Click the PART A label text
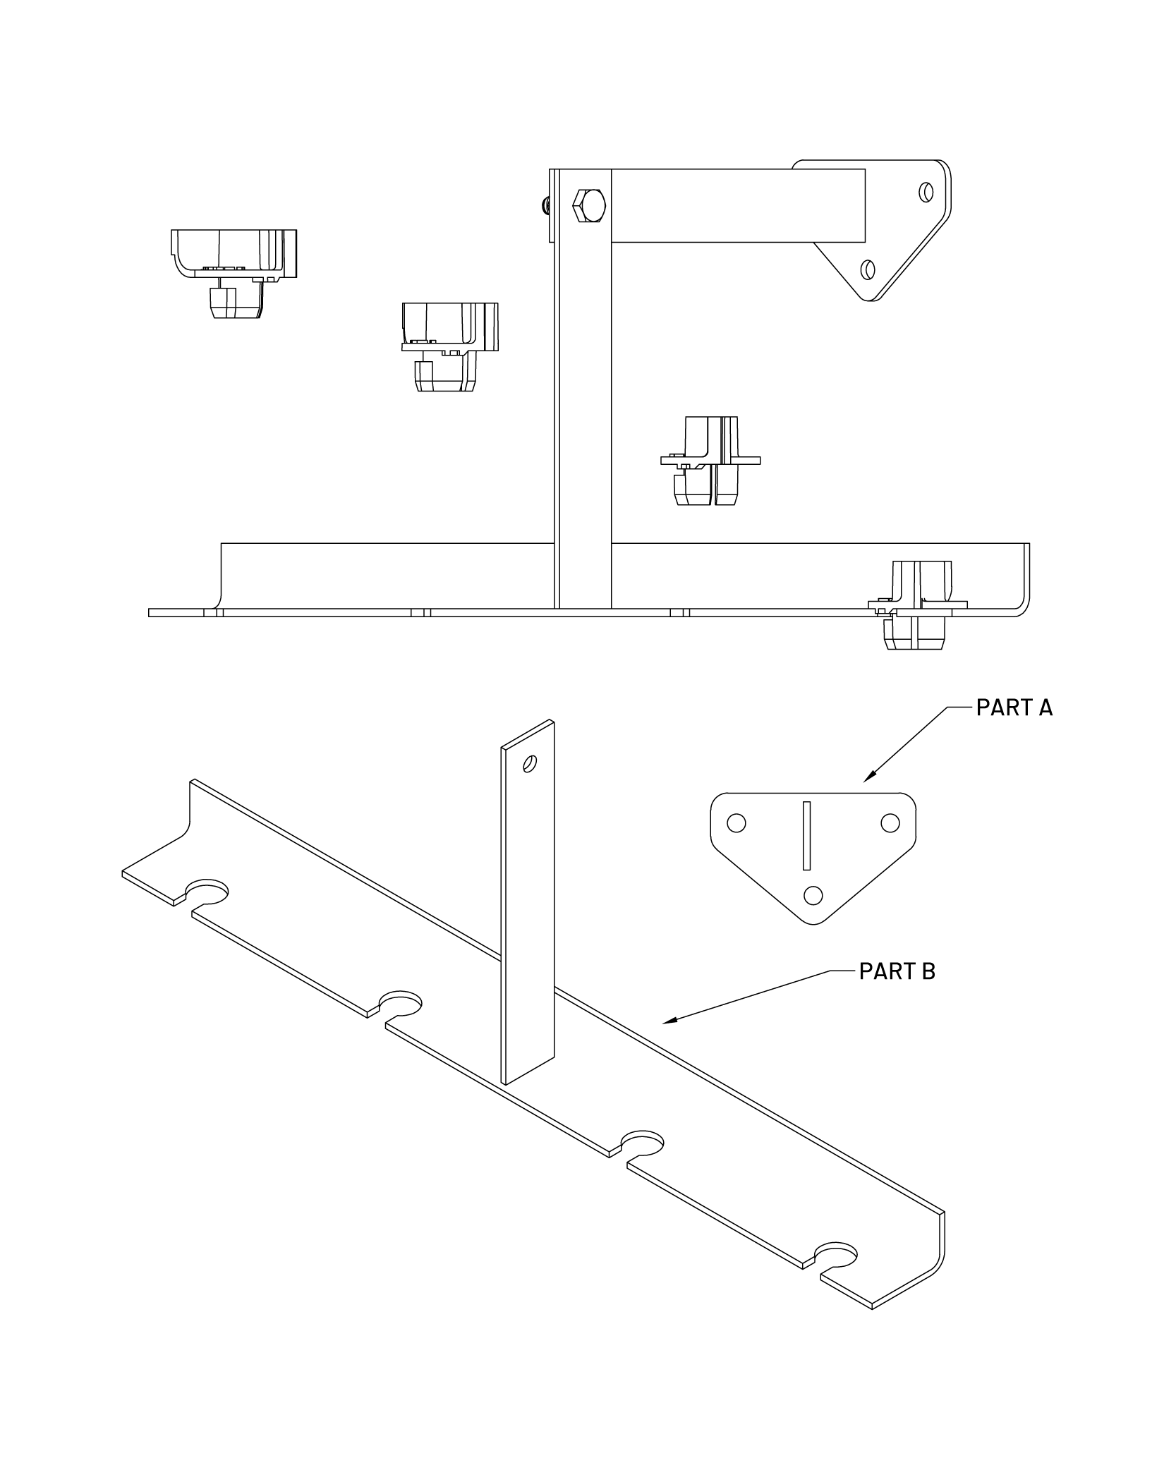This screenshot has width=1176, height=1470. tap(1014, 707)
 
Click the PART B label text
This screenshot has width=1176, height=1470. tap(897, 971)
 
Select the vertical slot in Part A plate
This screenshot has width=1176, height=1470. tap(807, 835)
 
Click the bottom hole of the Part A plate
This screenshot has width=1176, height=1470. tap(813, 895)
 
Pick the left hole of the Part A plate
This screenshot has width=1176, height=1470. tap(736, 823)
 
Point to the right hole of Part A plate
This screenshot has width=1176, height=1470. tap(890, 822)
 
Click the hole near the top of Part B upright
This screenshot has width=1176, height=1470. tap(531, 763)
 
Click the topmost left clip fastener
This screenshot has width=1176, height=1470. tap(233, 272)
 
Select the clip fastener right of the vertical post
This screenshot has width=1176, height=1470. tap(710, 461)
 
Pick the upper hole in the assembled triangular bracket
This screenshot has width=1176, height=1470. tap(927, 192)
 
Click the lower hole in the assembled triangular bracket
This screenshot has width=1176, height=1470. tap(868, 269)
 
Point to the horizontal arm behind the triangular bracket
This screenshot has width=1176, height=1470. tap(737, 205)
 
